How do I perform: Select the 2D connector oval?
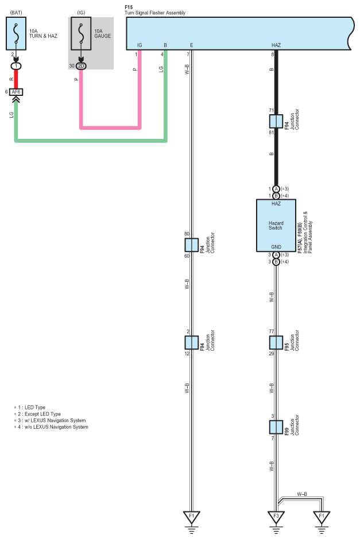(81, 66)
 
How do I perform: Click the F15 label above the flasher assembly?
(128, 6)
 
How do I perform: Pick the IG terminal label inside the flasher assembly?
(140, 44)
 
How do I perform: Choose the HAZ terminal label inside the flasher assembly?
(276, 44)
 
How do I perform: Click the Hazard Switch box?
(276, 226)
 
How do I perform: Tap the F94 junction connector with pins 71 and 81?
(276, 121)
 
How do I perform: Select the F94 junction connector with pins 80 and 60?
(191, 245)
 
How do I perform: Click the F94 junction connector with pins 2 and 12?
(191, 342)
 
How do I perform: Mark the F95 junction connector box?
(276, 343)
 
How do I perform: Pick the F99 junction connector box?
(276, 427)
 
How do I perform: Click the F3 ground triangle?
(276, 517)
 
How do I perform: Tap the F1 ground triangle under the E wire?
(191, 517)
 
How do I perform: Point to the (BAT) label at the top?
(17, 11)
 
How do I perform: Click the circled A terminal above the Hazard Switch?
(276, 189)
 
